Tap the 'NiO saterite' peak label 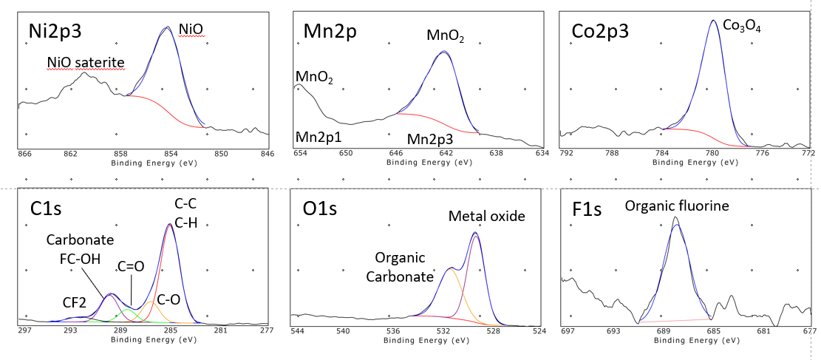pyautogui.click(x=86, y=63)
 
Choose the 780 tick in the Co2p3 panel pyautogui.click(x=712, y=154)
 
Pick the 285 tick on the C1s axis pyautogui.click(x=170, y=331)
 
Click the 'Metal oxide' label pyautogui.click(x=487, y=216)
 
